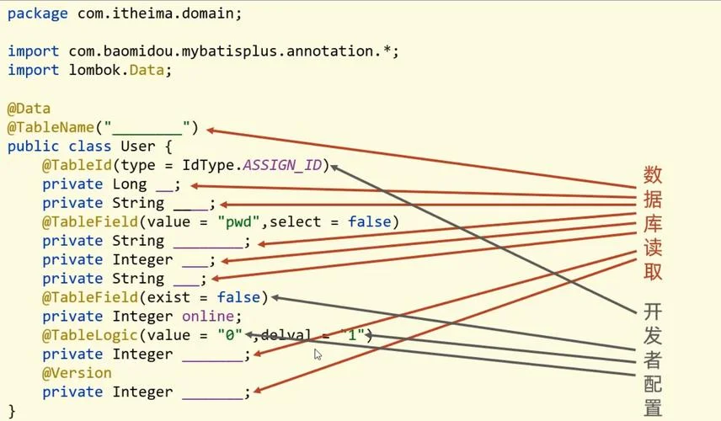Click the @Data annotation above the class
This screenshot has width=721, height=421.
point(29,109)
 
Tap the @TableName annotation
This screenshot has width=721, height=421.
point(51,127)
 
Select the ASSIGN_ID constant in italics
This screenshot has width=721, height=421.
point(282,165)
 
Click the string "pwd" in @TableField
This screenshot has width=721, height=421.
point(238,222)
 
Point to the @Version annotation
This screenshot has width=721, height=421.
point(77,373)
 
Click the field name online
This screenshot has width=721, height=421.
point(208,317)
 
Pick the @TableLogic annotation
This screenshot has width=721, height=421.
point(89,335)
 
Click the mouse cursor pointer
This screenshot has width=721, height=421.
point(318,354)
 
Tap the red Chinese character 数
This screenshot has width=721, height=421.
point(653,174)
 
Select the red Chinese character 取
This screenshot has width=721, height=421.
point(653,271)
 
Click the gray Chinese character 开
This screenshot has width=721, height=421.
point(653,312)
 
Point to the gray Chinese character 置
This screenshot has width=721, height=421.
point(653,408)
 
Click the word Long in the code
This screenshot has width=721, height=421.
point(129,184)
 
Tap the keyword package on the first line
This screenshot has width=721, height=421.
point(37,13)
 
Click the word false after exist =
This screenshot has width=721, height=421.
point(238,297)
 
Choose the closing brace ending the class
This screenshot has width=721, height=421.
point(12,410)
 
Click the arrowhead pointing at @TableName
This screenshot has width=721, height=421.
point(211,131)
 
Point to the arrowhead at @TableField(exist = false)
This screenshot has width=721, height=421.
point(276,298)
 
